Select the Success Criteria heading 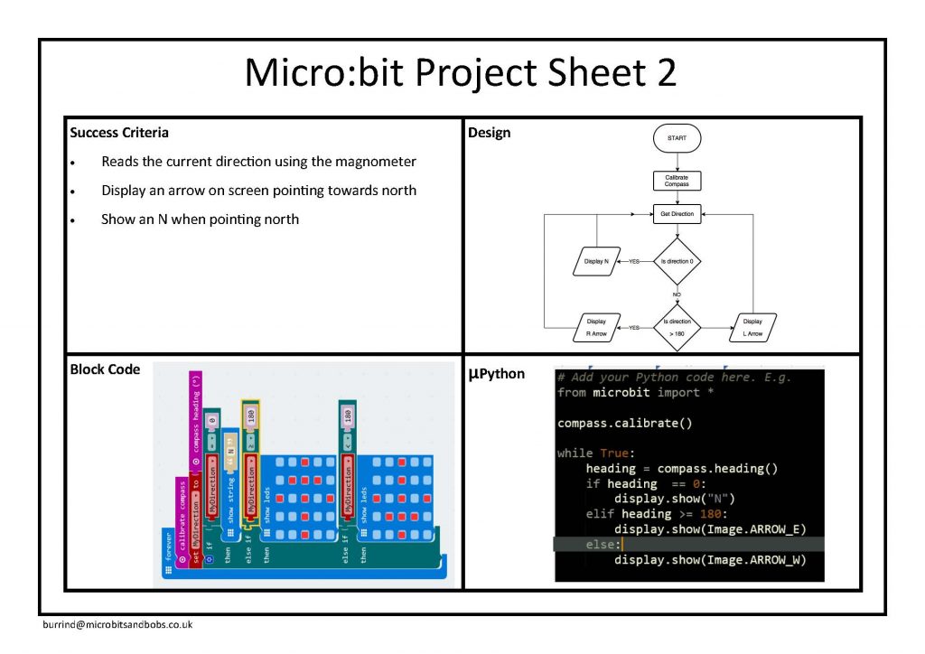pos(119,133)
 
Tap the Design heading pos(489,133)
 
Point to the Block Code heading pos(105,369)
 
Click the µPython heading pos(496,373)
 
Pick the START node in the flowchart pos(677,138)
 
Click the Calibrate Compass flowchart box pos(677,181)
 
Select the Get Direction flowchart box pos(677,214)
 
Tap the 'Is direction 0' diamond pos(677,261)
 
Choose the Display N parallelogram pos(595,261)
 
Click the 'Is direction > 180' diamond pos(677,327)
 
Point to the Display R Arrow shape pos(596,327)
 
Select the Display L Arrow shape pos(752,327)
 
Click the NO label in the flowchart pos(677,294)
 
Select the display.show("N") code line pos(675,499)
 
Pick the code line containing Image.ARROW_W pos(710,560)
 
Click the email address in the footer pos(117,624)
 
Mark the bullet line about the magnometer pos(258,162)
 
